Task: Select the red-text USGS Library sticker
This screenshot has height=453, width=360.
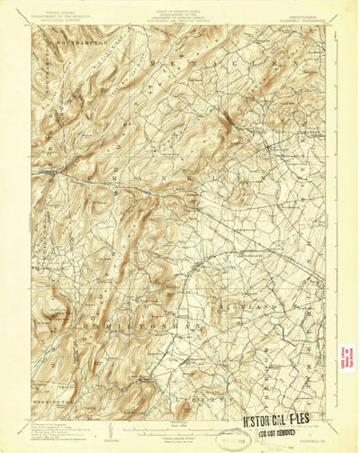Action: click(344, 358)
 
